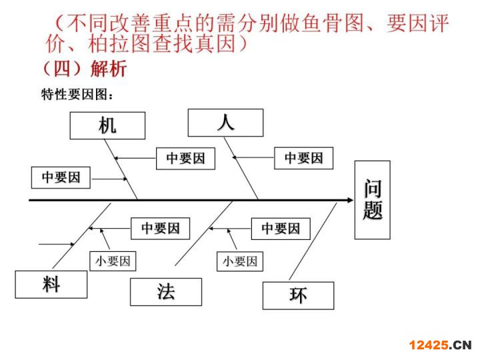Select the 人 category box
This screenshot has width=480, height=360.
point(225,123)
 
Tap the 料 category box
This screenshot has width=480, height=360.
point(51,284)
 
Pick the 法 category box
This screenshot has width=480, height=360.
point(165,292)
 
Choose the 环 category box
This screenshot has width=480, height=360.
point(298,295)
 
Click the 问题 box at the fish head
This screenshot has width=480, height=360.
point(372,199)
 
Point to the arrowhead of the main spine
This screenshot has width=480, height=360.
point(349,199)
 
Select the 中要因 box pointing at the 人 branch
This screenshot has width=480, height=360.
point(303,158)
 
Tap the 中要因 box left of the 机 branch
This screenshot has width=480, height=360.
point(61,177)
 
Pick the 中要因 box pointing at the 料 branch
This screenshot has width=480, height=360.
point(160,229)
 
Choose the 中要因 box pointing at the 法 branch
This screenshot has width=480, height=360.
point(280,229)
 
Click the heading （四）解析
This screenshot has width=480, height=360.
point(84,68)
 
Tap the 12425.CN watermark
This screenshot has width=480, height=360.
point(440,345)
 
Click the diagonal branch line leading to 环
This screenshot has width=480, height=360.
point(313,240)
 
